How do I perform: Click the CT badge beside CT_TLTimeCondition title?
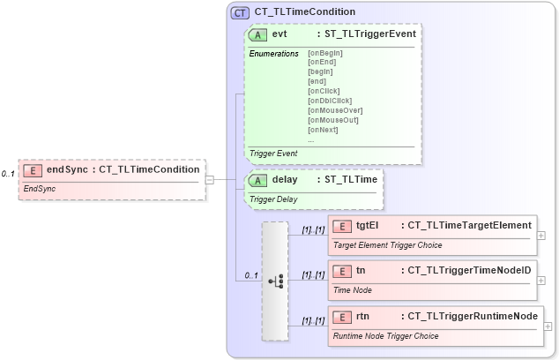pos(240,12)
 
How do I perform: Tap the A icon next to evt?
pos(258,34)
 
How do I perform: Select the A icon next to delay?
pos(258,180)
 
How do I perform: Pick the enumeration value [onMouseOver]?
pos(335,110)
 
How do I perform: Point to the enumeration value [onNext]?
pos(323,130)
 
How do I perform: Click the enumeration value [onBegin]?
pos(325,53)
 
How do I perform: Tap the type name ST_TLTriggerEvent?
pos(370,34)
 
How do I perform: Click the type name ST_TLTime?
pos(351,180)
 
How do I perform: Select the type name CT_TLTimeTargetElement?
pos(470,226)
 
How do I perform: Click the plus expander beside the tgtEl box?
pos(541,236)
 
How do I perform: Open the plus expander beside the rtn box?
pos(548,326)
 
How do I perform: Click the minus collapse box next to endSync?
pos(210,179)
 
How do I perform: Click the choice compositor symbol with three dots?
pos(275,281)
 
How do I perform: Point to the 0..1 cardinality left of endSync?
pos(8,174)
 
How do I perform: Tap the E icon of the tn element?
pos(342,271)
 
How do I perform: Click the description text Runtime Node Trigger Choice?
pos(385,336)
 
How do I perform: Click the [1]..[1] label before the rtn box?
pos(313,321)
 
